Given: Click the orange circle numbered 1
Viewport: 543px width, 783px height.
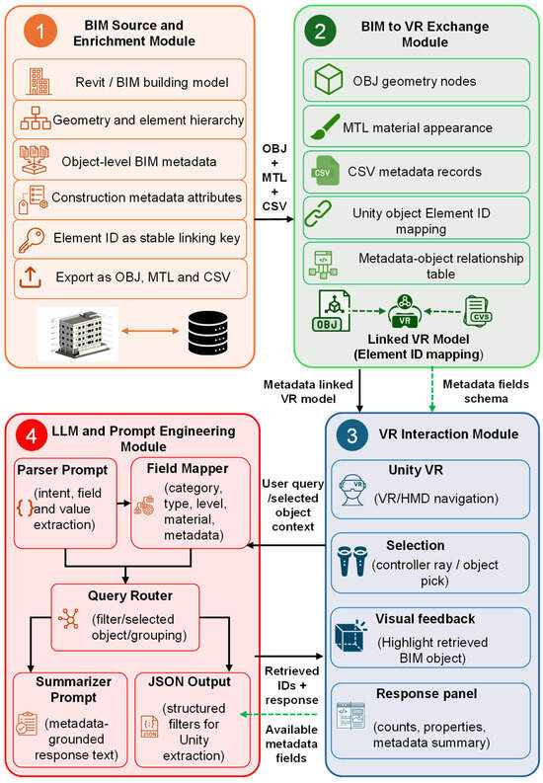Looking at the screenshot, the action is point(39,31).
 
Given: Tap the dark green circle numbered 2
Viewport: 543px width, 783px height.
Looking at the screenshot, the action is point(320,32).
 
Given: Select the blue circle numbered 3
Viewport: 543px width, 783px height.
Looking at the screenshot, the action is point(351,435).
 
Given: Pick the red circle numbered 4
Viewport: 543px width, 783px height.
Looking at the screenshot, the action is point(31,435).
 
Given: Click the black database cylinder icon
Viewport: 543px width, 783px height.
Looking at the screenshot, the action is point(207,333).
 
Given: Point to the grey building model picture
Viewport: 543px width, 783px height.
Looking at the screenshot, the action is point(78,334).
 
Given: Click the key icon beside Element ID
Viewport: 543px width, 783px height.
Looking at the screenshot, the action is point(31,240).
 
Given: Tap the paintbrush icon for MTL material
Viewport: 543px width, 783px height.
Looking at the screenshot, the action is point(325,126).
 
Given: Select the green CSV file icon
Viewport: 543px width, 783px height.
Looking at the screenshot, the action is point(325,171).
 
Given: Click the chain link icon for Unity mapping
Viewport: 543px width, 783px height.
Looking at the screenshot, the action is point(318,213).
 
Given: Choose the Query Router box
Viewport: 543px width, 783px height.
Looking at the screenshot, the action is point(125,617).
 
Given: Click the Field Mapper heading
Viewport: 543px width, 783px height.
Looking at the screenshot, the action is point(188,468).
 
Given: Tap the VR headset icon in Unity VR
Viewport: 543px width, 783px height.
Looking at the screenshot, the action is point(352,490).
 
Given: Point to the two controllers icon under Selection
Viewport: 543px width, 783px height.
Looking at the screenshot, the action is point(352,562).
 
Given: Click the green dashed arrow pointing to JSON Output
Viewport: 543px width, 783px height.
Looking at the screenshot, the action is point(279,714).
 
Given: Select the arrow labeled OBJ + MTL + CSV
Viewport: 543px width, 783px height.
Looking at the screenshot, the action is point(274,219).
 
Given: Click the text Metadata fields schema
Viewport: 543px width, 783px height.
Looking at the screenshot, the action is point(486,391).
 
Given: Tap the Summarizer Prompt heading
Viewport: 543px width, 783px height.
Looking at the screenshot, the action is point(73,689).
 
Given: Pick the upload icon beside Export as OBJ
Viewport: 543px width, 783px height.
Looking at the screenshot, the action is point(31,277).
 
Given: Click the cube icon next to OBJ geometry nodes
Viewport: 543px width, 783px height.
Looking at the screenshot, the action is point(328,79).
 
